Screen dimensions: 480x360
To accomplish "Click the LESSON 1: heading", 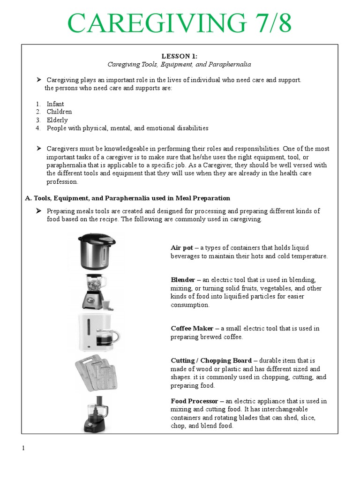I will point(180,56).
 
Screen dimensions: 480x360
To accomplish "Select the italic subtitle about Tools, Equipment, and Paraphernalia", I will point(180,64).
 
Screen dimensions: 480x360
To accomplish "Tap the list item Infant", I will point(55,104).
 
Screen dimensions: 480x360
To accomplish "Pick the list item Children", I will point(59,112).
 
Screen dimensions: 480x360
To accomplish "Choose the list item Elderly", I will point(57,120).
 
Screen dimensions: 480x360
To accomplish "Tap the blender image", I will point(93,292).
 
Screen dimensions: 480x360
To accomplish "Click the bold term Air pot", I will point(182,247).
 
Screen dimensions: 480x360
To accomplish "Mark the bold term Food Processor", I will point(195,401).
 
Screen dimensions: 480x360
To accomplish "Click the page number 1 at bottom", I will point(23,448).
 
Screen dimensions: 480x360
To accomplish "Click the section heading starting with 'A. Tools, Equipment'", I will point(127,198).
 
